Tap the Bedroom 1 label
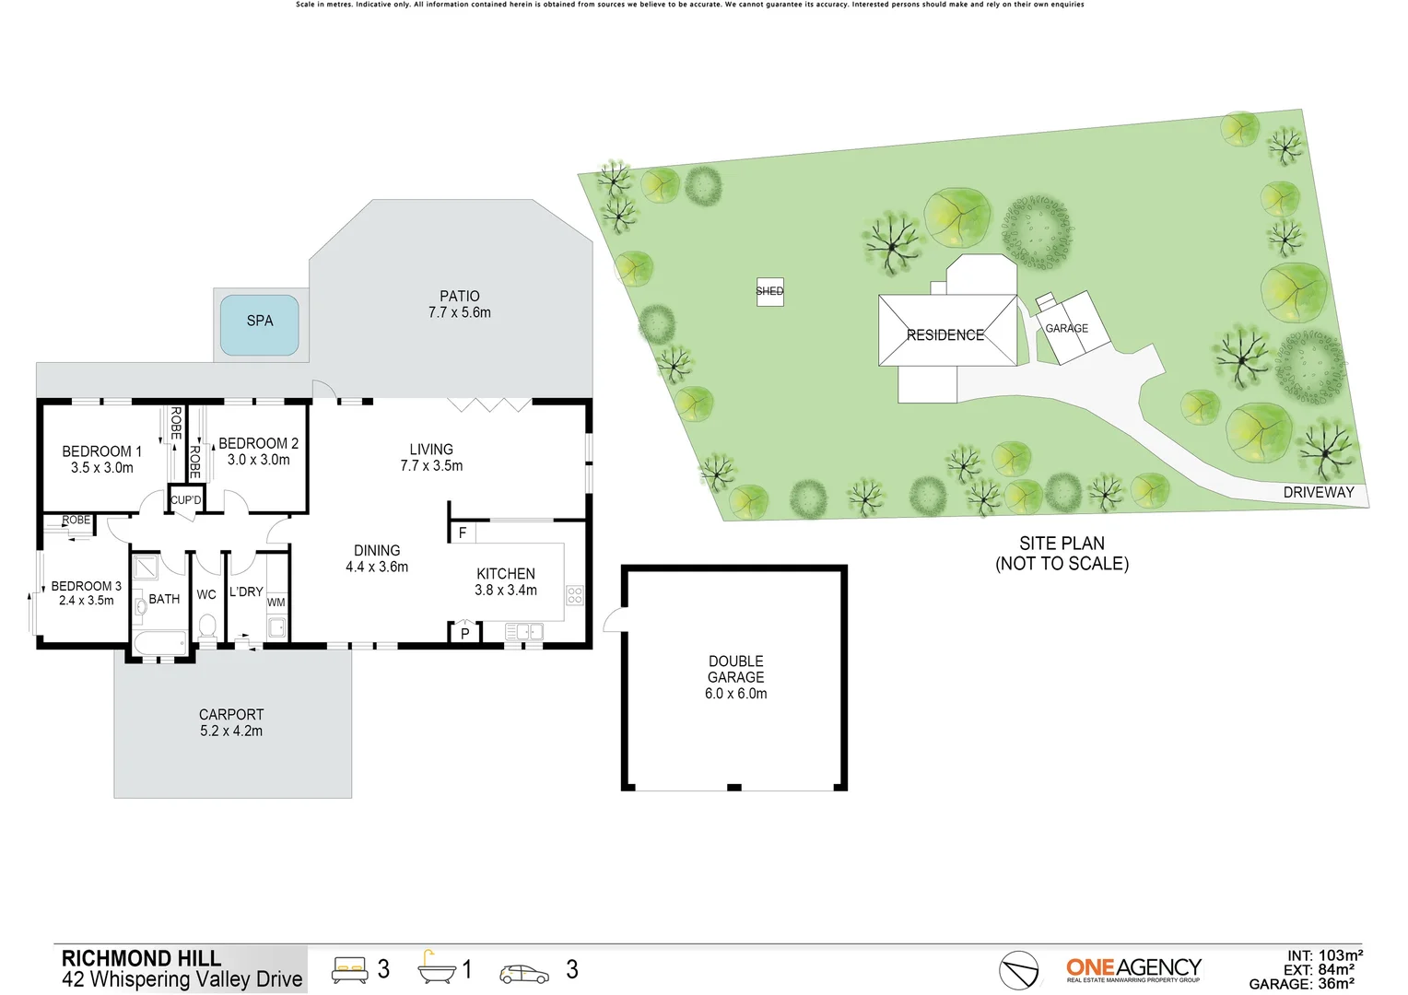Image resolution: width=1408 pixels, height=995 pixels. [101, 451]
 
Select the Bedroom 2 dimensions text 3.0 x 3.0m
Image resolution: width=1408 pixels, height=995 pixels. [258, 460]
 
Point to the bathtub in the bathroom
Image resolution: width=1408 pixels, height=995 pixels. [160, 642]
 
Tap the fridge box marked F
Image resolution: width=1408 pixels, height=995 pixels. [462, 533]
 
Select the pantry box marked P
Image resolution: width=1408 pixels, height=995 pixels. [464, 633]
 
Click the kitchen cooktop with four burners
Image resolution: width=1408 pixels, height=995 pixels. [575, 595]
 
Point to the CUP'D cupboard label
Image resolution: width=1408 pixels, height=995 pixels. [185, 500]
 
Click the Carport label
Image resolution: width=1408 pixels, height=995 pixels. [231, 715]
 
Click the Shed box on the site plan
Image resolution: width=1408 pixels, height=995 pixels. [769, 291]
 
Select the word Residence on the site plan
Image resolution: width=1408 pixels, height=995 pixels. [945, 335]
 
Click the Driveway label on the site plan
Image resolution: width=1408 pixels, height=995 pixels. [1318, 492]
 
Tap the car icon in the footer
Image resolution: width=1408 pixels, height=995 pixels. [523, 974]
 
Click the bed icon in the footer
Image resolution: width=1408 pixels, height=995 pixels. [349, 970]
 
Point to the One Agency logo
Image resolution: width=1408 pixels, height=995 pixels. [1133, 969]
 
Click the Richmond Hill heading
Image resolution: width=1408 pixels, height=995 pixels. [141, 958]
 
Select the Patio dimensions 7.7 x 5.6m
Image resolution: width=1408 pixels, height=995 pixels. [459, 312]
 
